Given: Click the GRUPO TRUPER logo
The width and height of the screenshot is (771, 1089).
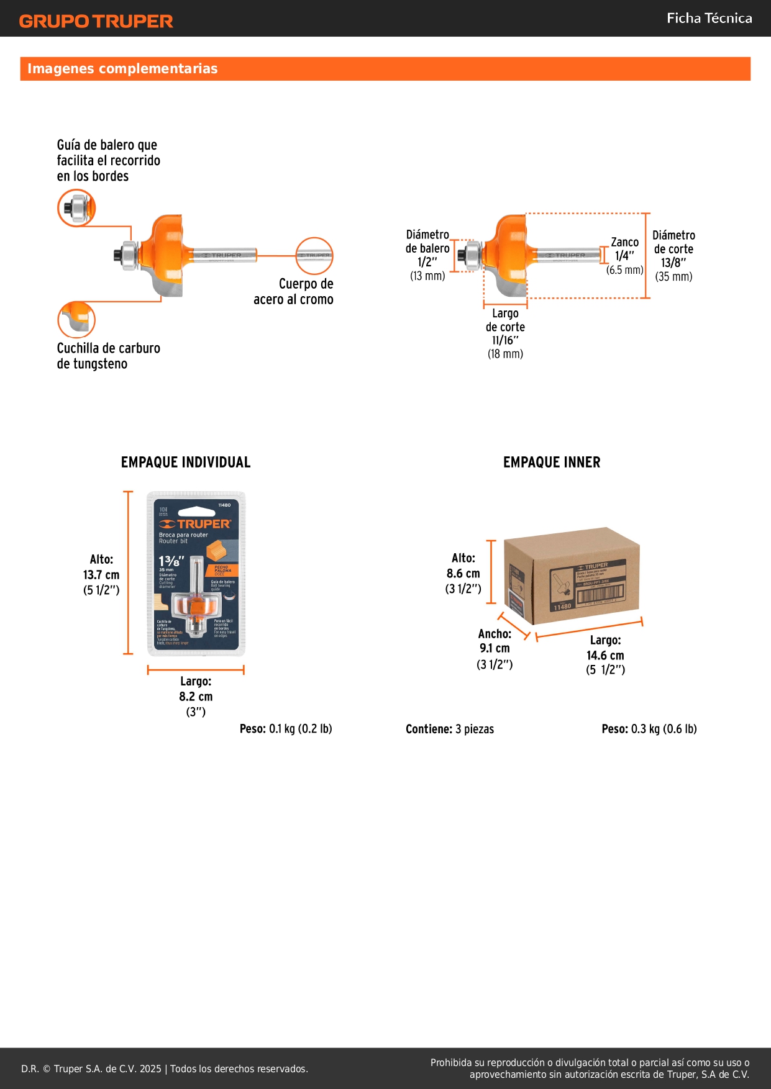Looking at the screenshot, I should (x=96, y=21).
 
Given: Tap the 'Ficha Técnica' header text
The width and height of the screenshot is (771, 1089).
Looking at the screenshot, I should (x=709, y=18).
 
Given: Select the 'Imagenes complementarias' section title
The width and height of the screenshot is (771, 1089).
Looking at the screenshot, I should (x=122, y=68).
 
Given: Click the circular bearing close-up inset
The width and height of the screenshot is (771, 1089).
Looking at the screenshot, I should (x=76, y=208).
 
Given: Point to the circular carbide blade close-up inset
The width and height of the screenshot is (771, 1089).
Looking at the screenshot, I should (x=76, y=320).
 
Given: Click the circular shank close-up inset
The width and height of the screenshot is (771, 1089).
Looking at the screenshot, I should (x=314, y=255).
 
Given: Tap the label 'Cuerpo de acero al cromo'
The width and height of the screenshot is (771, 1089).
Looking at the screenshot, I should (x=293, y=291).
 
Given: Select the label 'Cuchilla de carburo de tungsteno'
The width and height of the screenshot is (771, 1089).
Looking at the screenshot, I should (x=108, y=356).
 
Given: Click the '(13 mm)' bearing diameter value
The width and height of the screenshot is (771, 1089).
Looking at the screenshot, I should (x=427, y=276).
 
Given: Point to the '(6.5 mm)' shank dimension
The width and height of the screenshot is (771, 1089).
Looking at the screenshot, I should (x=625, y=270).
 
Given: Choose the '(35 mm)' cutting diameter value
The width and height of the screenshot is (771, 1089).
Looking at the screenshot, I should (x=673, y=276).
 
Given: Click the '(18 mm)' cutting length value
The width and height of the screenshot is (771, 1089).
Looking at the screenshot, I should (x=505, y=354).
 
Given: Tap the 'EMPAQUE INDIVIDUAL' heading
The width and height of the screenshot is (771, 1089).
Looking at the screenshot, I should (x=186, y=462).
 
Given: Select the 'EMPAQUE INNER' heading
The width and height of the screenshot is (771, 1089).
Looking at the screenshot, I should (x=552, y=462).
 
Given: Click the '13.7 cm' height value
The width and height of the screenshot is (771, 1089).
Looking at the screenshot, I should (x=101, y=575).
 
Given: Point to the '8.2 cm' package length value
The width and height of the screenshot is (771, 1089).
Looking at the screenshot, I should (x=196, y=697).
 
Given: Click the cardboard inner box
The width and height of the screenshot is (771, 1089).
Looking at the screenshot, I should (x=572, y=576).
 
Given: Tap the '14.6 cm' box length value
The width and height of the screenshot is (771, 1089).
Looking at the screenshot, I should (x=605, y=655).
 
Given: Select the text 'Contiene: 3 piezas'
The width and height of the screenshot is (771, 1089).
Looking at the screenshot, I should (x=450, y=729).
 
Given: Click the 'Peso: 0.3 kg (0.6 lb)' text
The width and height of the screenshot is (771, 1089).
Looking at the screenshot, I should (x=649, y=729).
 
